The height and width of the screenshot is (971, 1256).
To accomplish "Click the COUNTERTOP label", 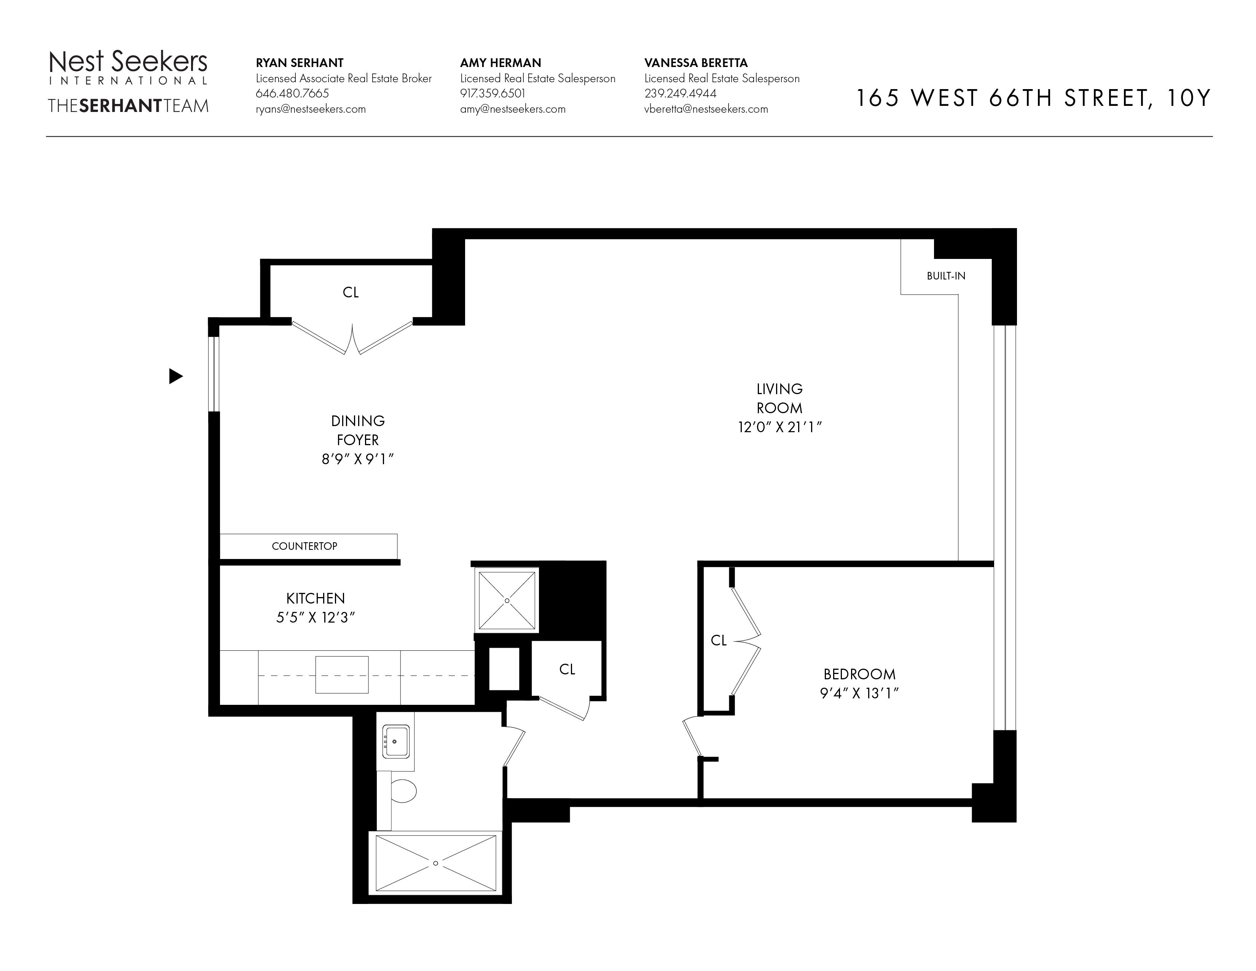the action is click(x=304, y=546).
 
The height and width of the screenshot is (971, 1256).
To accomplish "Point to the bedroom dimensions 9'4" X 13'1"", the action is click(x=859, y=693).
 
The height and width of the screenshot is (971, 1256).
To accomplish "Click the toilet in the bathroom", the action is click(x=403, y=791).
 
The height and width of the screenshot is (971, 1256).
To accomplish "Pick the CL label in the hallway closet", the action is click(x=567, y=669).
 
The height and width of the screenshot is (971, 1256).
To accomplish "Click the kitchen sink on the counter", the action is click(x=342, y=674).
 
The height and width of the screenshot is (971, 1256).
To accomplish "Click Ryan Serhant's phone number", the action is click(x=292, y=93).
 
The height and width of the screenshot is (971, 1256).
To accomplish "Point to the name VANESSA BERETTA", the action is click(x=696, y=63).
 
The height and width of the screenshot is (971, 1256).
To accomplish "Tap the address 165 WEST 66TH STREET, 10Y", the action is click(x=1033, y=98).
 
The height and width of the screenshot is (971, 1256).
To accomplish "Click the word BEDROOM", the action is click(x=859, y=674).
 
